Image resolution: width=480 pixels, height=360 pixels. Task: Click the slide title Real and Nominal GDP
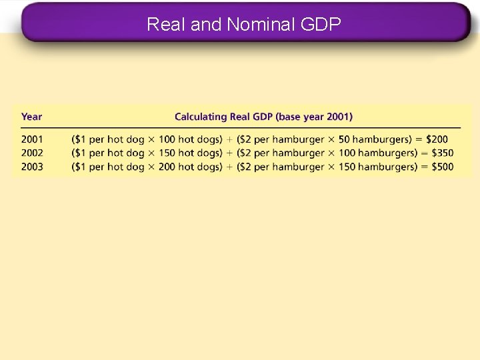tap(243, 25)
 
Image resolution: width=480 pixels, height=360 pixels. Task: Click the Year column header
tap(31, 117)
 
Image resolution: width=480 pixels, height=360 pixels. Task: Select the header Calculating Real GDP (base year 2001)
tap(263, 117)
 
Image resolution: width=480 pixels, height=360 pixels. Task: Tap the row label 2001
tap(32, 139)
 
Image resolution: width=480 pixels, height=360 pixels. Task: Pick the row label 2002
tap(32, 153)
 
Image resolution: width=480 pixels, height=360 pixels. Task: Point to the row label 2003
tap(32, 167)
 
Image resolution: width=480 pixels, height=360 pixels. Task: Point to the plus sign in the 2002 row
tap(229, 153)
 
